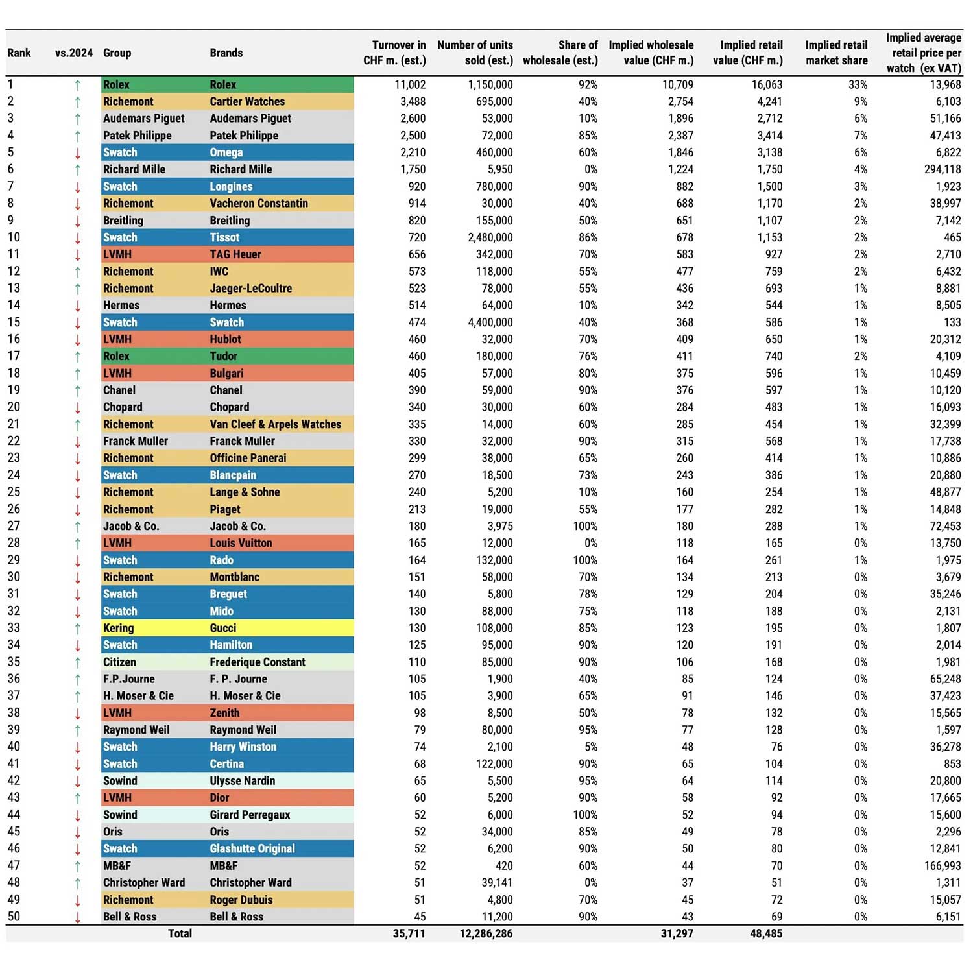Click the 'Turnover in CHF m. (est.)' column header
click(394, 53)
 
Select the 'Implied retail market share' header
click(836, 53)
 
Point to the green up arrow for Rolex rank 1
click(78, 85)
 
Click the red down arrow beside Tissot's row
click(78, 238)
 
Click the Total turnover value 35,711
click(409, 934)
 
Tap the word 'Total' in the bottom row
click(180, 934)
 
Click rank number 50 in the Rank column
click(14, 917)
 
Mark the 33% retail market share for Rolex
click(858, 85)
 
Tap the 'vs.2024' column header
click(74, 53)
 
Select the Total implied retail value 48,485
click(765, 934)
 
